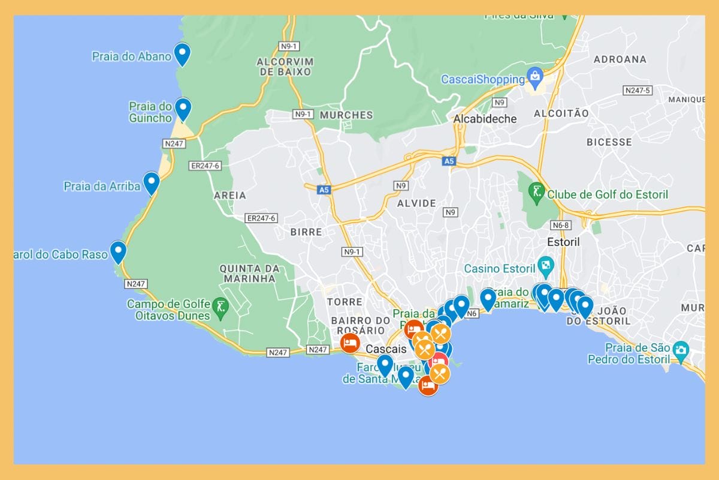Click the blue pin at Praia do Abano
[x=182, y=53]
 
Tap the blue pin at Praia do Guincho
[x=183, y=109]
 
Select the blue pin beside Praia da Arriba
[x=151, y=182]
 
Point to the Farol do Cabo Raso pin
[x=118, y=251]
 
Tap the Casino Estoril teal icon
[x=545, y=265]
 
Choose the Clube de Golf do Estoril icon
[x=536, y=192]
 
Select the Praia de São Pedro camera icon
[x=680, y=349]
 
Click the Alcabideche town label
[x=485, y=119]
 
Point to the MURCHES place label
[x=346, y=115]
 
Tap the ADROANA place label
[x=620, y=59]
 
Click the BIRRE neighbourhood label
[x=306, y=232]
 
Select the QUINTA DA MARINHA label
[x=247, y=273]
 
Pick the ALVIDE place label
[x=416, y=203]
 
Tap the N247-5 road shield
[x=637, y=91]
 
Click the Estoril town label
[x=563, y=242]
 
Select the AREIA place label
[x=230, y=195]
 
